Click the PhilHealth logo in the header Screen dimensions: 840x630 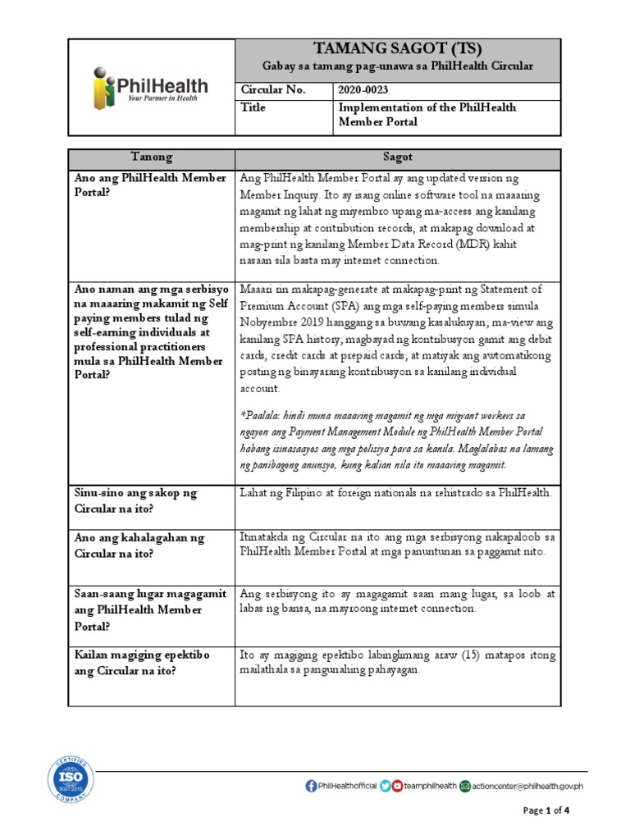[150, 86]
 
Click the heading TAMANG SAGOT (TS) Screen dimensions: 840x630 [397, 48]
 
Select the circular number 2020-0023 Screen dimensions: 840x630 [358, 90]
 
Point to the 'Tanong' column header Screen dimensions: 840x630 [152, 157]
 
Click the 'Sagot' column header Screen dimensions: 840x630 [398, 157]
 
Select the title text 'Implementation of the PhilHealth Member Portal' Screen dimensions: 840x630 [427, 115]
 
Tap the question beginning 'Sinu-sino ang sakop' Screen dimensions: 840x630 [135, 500]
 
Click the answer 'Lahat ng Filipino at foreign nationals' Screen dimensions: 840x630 [395, 493]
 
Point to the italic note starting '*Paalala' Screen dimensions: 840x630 [397, 440]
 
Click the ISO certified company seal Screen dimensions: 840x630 [71, 778]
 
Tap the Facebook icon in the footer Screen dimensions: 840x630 [311, 786]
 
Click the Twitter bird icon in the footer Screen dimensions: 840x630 [385, 786]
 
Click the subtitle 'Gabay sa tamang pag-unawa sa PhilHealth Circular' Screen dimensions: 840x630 [397, 66]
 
